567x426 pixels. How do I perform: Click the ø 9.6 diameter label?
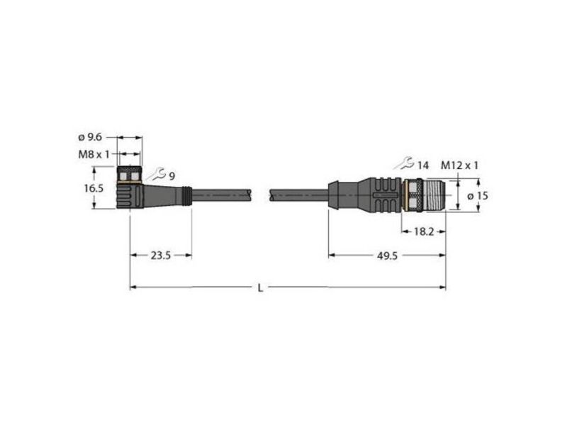[x=90, y=137]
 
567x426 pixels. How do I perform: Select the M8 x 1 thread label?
[x=94, y=155]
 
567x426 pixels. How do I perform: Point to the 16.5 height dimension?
[x=94, y=188]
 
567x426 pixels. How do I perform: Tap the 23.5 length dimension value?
[x=161, y=256]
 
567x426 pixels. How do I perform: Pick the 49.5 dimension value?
[x=387, y=256]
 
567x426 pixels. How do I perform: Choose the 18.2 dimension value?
[x=423, y=232]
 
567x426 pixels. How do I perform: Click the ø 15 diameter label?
[x=478, y=196]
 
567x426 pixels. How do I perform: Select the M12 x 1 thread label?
[x=459, y=165]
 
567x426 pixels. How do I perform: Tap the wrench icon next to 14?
[x=404, y=163]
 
